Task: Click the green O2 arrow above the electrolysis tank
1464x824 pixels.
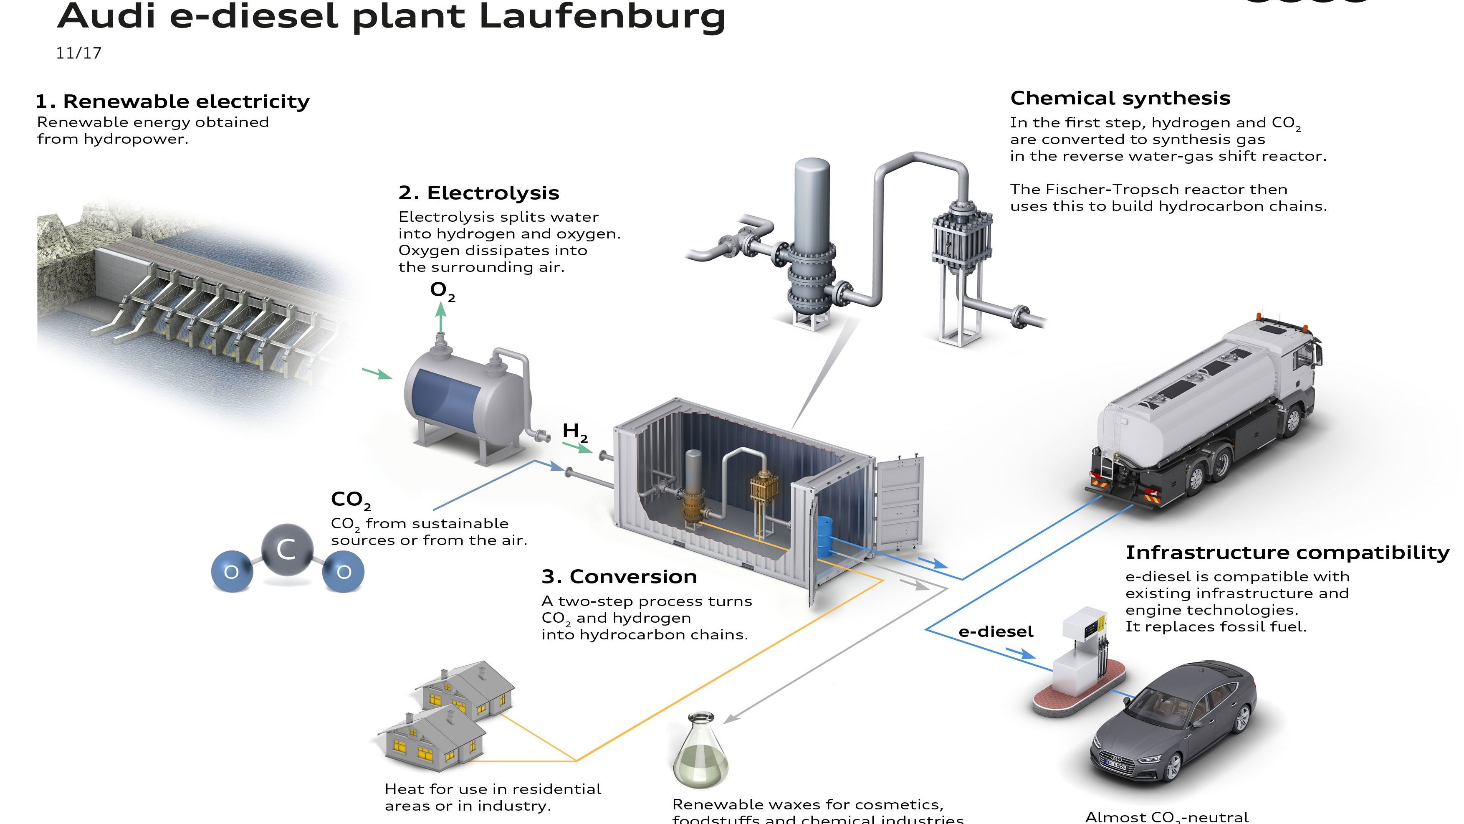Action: [440, 319]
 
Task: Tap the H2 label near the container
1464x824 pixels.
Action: [574, 431]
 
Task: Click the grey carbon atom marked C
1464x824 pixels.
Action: [287, 549]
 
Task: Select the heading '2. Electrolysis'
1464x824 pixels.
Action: [478, 193]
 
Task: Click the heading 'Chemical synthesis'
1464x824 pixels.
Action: [1120, 99]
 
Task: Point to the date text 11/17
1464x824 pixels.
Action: [78, 53]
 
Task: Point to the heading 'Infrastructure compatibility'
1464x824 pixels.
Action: [1287, 552]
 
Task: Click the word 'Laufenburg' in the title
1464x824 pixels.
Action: [602, 16]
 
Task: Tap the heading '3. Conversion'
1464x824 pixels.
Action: [619, 577]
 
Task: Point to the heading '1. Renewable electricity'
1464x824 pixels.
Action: [172, 101]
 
